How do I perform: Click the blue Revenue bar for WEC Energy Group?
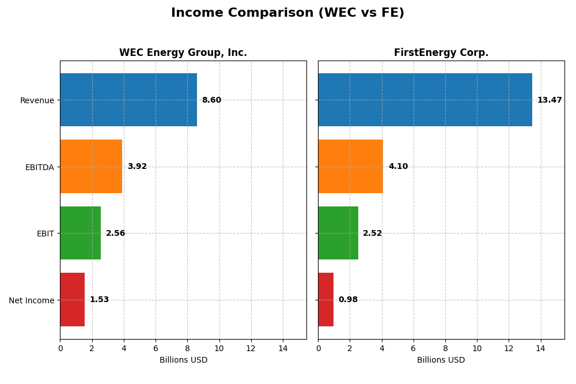pyautogui.click(x=128, y=100)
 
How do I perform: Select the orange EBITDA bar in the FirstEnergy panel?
pyautogui.click(x=350, y=166)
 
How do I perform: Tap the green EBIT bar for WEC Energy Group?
pyautogui.click(x=80, y=233)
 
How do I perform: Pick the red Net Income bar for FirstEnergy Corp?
pyautogui.click(x=325, y=299)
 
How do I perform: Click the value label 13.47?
pyautogui.click(x=550, y=100)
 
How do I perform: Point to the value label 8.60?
pyautogui.click(x=211, y=100)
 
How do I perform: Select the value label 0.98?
pyautogui.click(x=348, y=300)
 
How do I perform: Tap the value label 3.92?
pyautogui.click(x=137, y=167)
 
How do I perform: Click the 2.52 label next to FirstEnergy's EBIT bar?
pyautogui.click(x=372, y=234)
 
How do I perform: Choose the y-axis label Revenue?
pyautogui.click(x=37, y=100)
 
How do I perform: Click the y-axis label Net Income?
pyautogui.click(x=31, y=300)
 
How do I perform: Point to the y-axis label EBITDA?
pyautogui.click(x=39, y=167)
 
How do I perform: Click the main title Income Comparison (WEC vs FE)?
pyautogui.click(x=287, y=13)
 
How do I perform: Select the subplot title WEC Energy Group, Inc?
pyautogui.click(x=183, y=53)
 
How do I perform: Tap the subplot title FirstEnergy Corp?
pyautogui.click(x=441, y=53)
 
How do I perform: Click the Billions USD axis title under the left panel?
pyautogui.click(x=183, y=360)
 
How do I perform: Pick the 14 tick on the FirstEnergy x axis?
pyautogui.click(x=540, y=348)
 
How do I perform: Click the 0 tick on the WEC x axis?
pyautogui.click(x=60, y=348)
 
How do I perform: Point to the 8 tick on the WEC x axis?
pyautogui.click(x=187, y=348)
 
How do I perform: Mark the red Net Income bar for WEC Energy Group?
pyautogui.click(x=72, y=299)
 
